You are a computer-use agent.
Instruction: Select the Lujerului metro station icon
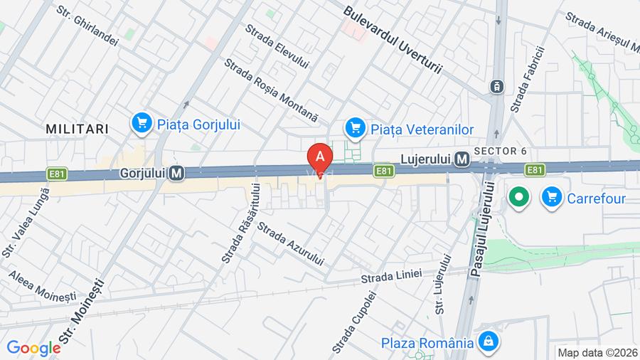(462, 159)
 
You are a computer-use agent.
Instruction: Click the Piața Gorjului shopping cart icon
(142, 124)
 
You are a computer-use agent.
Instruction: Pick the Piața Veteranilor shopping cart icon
(354, 129)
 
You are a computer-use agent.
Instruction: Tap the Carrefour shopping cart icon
(551, 197)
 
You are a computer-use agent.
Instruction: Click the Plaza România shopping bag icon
(488, 342)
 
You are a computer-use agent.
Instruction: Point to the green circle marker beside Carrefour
(520, 197)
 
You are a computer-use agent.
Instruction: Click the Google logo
(33, 349)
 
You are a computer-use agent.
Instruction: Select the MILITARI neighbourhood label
(77, 129)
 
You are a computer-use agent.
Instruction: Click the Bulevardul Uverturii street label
(392, 41)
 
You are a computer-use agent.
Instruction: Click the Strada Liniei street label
(391, 275)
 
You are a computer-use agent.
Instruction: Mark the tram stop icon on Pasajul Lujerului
(496, 87)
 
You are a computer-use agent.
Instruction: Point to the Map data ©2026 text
(597, 352)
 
